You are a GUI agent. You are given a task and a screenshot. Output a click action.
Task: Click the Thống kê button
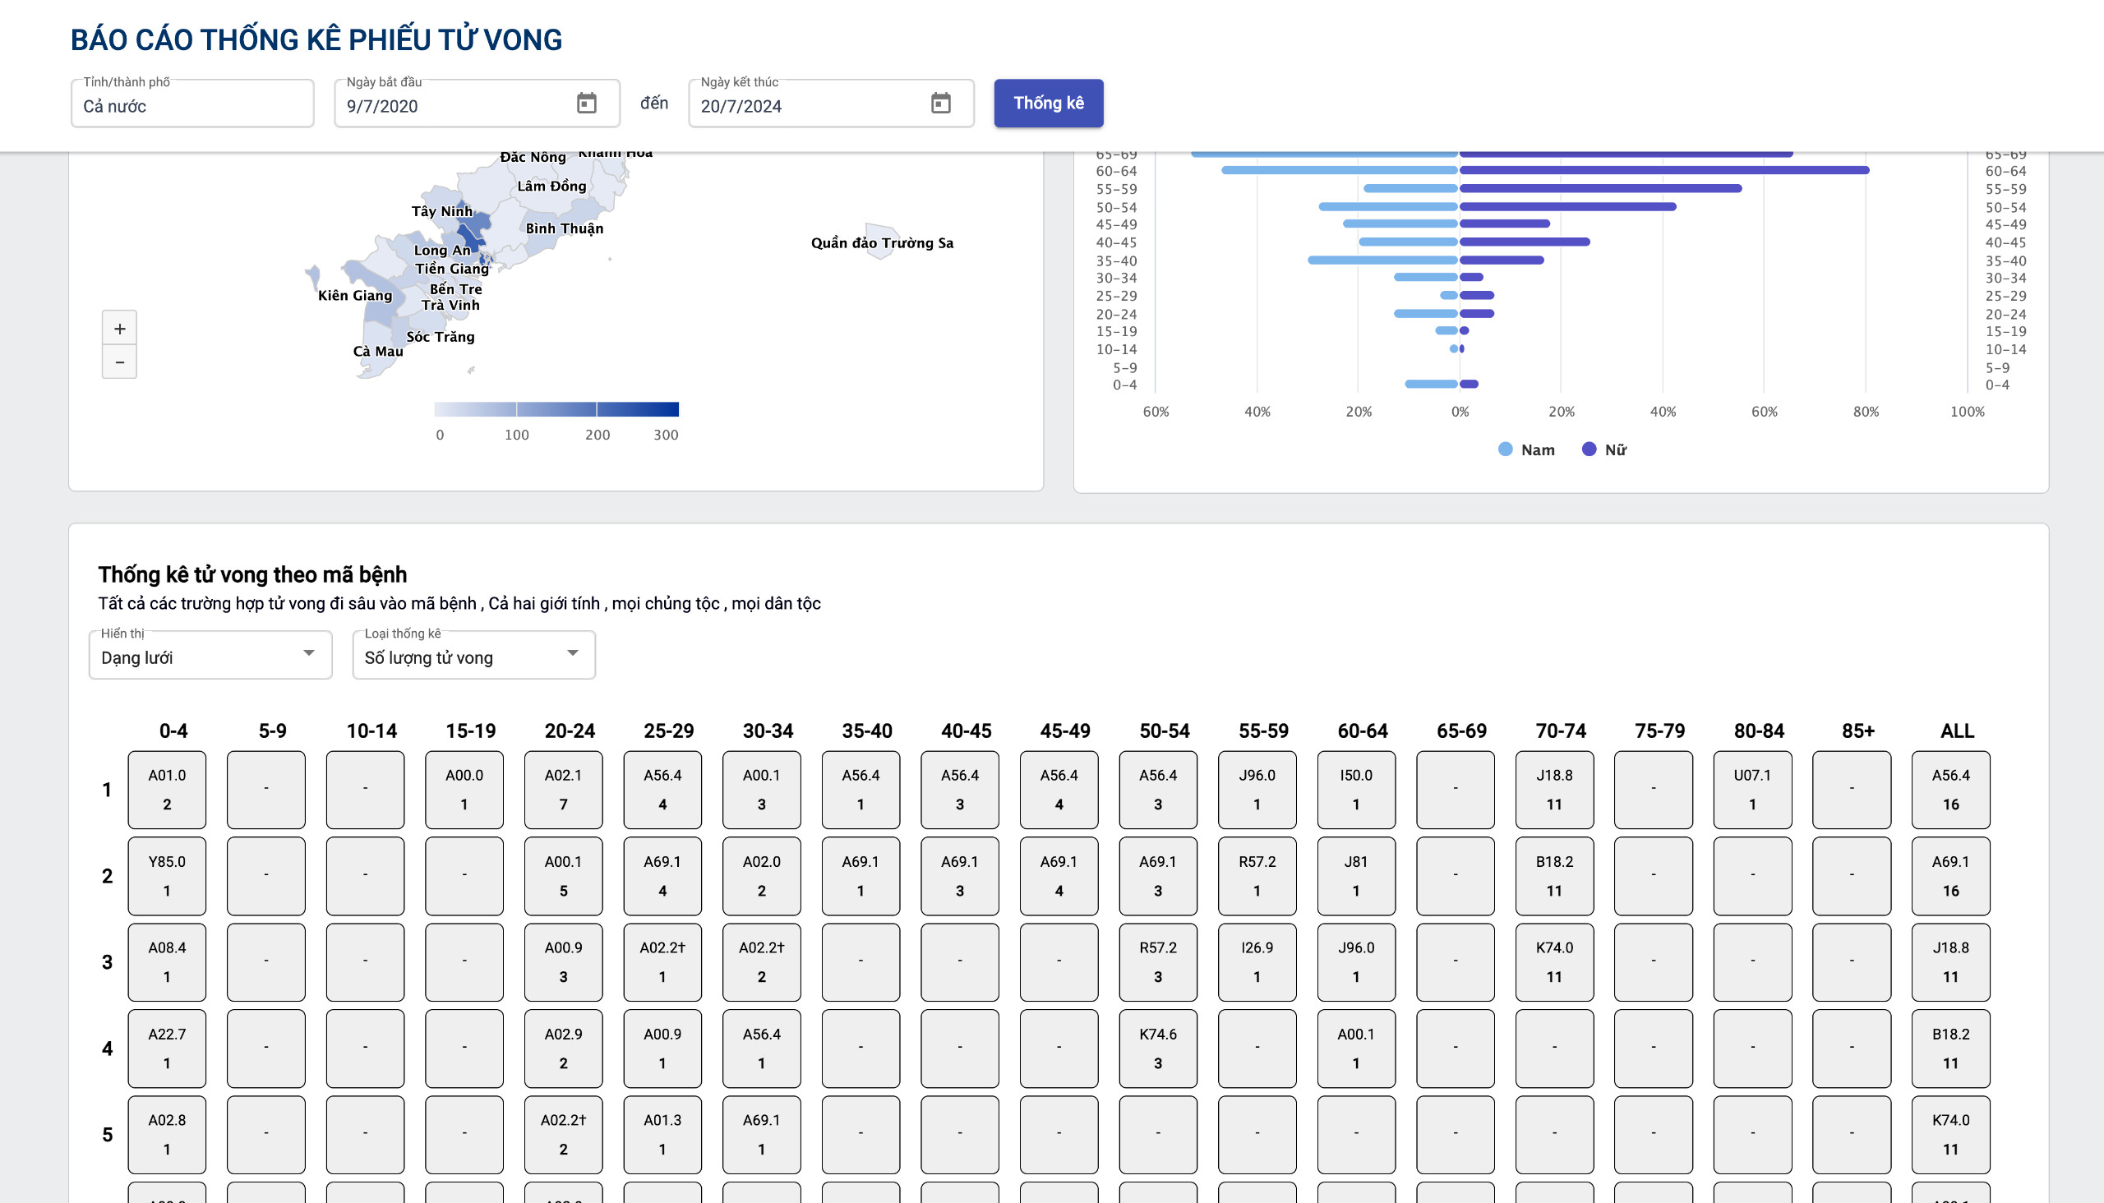coord(1048,104)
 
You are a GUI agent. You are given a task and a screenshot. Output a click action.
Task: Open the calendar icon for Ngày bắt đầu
coord(586,104)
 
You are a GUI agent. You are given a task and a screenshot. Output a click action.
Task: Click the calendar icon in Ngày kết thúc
coord(940,104)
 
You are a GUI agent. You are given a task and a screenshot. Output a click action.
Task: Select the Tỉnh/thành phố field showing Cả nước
coord(191,105)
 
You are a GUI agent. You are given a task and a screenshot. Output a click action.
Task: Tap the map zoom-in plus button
coord(120,329)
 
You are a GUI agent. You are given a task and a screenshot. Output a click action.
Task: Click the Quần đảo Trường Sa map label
coord(882,243)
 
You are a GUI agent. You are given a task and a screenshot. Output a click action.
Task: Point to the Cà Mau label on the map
coord(378,351)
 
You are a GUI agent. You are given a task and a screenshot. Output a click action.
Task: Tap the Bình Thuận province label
coord(565,229)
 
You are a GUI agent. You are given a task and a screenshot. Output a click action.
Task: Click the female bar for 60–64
coord(1663,170)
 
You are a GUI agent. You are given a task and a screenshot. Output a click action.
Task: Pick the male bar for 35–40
coord(1382,260)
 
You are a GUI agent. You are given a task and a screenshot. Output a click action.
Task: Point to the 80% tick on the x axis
coord(1865,412)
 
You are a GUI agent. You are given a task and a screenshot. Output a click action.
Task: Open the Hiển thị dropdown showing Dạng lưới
coord(210,656)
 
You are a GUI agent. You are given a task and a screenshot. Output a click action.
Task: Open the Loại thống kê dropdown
coord(473,656)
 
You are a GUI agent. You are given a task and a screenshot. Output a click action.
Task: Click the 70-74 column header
coord(1560,731)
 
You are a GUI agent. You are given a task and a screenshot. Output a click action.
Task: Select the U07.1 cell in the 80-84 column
coord(1752,790)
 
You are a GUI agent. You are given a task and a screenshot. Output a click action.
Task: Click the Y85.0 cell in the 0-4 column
coord(167,876)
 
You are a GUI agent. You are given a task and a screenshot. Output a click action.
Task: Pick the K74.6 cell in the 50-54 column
coord(1157,1049)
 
